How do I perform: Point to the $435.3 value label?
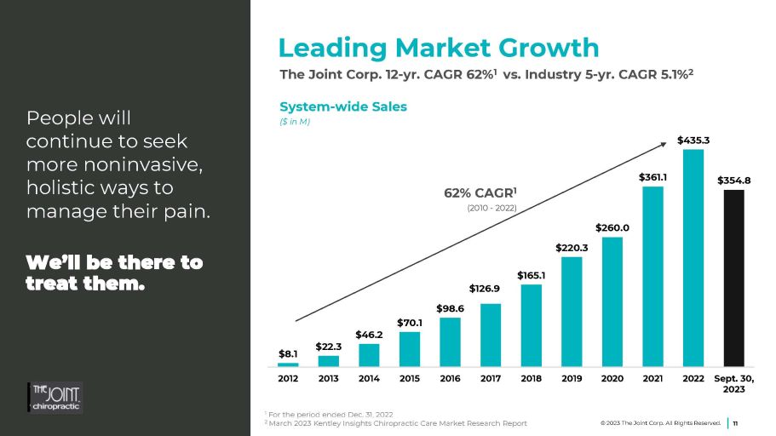(693, 139)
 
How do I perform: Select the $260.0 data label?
(612, 227)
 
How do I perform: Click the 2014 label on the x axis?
(369, 379)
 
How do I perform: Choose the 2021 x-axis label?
(653, 379)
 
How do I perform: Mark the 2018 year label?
(532, 379)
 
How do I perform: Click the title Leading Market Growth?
(439, 47)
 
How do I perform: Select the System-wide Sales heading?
(343, 106)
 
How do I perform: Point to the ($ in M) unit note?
(295, 122)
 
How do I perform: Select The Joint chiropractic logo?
(56, 397)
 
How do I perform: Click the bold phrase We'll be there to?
(115, 262)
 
